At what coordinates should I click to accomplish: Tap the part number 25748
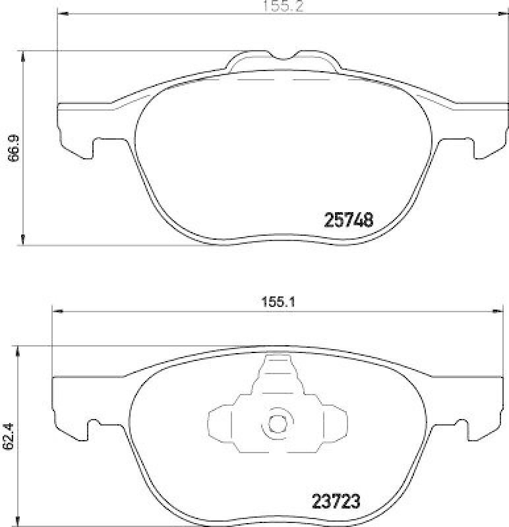(349, 220)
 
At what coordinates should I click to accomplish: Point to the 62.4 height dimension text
(8, 435)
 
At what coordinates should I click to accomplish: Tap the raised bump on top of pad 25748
(284, 61)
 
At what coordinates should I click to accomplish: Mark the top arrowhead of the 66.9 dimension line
(24, 57)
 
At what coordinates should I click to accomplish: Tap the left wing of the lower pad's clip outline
(220, 422)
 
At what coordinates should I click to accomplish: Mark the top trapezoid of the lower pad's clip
(278, 372)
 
